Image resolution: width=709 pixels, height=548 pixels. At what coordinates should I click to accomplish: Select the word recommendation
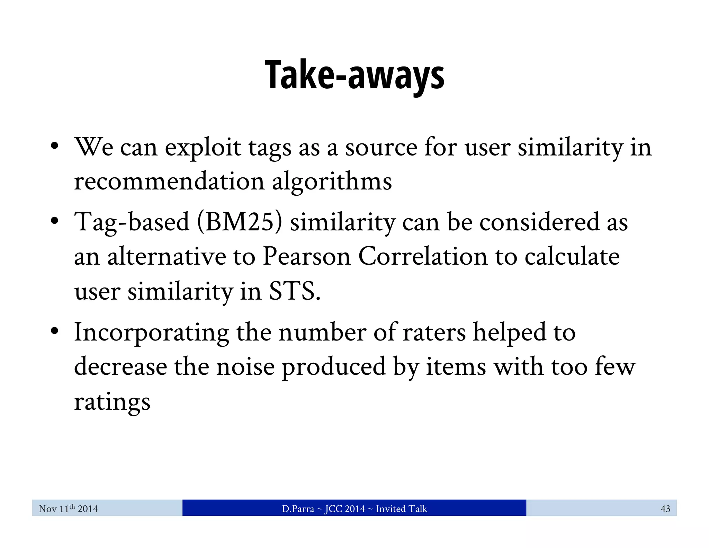point(169,182)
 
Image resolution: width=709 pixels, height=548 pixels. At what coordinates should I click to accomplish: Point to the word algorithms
point(332,182)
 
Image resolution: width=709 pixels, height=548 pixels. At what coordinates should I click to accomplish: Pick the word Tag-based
point(132,222)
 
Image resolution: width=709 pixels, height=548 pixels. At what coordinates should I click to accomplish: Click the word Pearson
point(307,256)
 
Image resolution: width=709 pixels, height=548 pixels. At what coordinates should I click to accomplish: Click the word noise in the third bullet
point(245,367)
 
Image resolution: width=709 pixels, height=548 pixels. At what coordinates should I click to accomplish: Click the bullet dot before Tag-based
point(54,221)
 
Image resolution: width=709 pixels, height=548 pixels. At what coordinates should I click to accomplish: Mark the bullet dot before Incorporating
point(54,331)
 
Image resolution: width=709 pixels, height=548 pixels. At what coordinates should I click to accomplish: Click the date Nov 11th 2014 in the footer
point(68,509)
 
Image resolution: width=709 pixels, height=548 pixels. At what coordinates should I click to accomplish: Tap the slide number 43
point(665,509)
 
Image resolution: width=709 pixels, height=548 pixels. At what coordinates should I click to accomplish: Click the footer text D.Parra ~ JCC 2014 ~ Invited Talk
point(354,509)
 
